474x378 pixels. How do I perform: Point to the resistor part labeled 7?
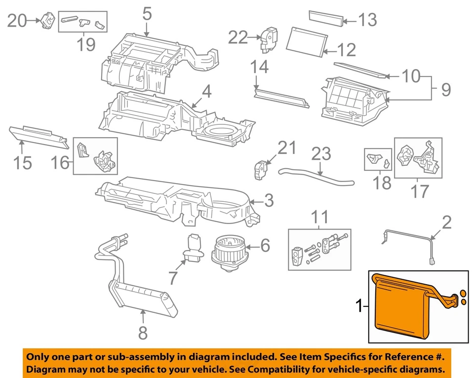[193, 247]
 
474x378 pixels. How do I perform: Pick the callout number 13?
[367, 20]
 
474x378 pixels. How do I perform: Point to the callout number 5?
[147, 13]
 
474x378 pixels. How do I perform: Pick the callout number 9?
[446, 90]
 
